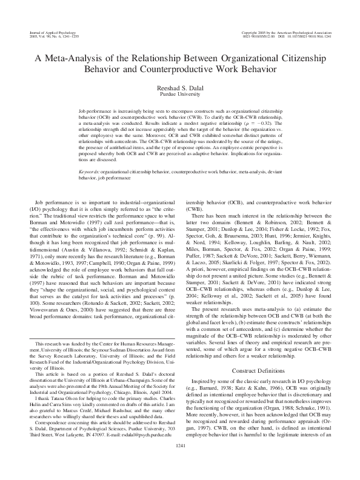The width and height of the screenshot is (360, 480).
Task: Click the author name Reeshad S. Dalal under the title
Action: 180,87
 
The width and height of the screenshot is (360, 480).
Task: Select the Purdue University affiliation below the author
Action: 180,95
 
